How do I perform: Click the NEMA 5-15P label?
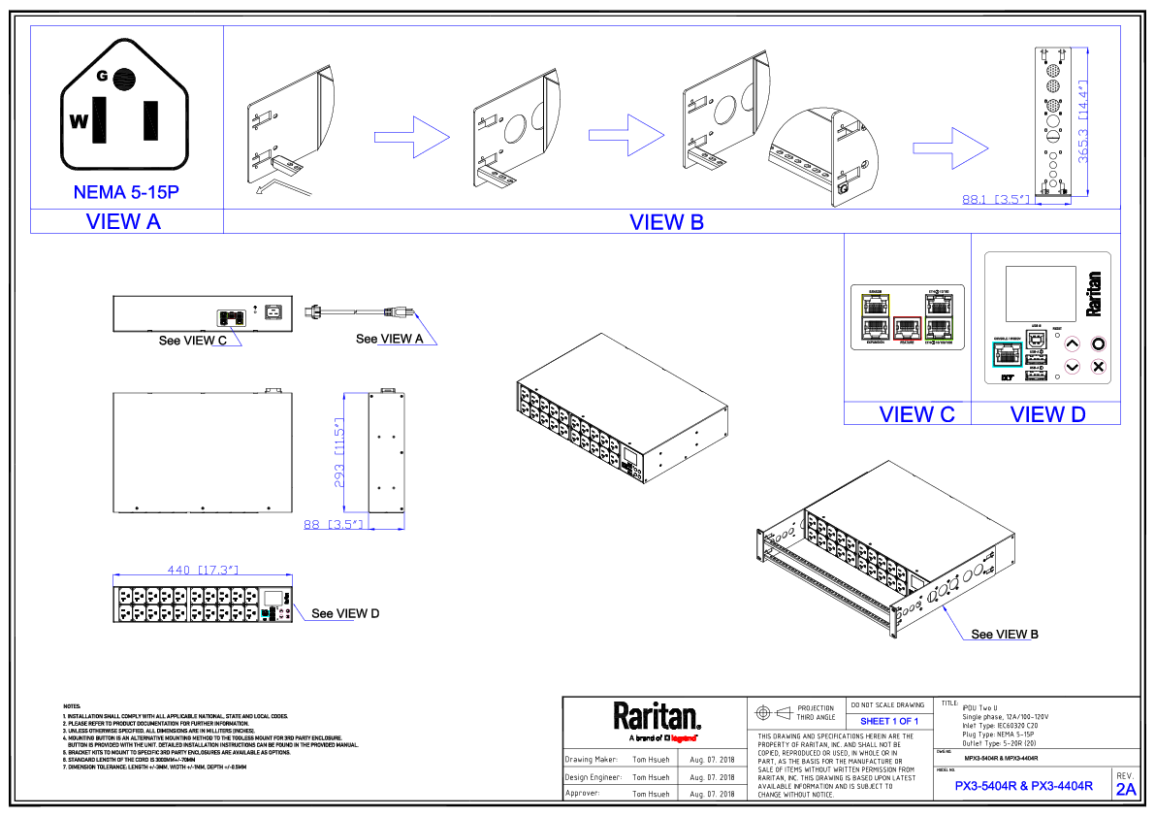coord(126,192)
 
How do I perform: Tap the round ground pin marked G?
coord(123,78)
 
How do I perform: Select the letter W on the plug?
coord(79,121)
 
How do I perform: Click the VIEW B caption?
coord(666,222)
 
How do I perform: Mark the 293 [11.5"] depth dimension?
coord(337,456)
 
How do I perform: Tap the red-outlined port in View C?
coord(907,330)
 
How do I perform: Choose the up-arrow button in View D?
coord(1072,343)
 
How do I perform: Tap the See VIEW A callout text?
coord(390,339)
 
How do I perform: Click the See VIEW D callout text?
coord(345,613)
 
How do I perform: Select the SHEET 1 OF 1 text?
coord(888,722)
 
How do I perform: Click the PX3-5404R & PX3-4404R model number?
coord(1023,786)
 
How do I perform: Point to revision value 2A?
coord(1125,789)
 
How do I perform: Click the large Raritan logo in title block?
coord(656,717)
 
